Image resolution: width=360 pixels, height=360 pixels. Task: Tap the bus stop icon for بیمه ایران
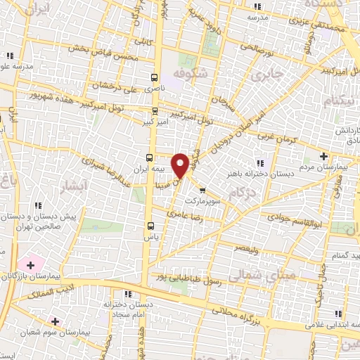[149, 157]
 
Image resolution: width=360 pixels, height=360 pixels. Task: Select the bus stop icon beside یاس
[150, 226]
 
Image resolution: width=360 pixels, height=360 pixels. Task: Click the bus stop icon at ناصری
[155, 77]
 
